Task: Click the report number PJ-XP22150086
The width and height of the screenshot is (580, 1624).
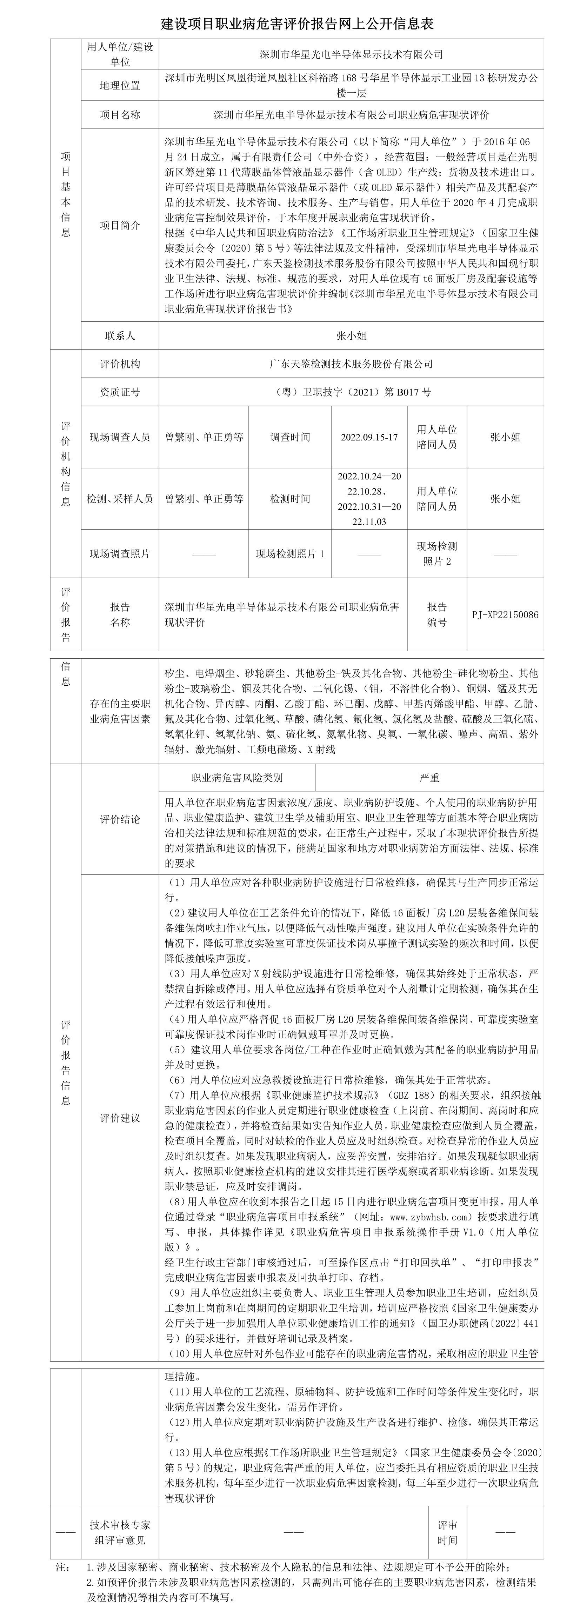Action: [x=505, y=615]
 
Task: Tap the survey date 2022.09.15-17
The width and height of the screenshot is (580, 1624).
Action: [x=369, y=437]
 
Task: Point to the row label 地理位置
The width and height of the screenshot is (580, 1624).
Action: [x=120, y=86]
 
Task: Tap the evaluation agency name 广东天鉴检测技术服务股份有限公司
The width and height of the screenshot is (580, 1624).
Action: [x=351, y=364]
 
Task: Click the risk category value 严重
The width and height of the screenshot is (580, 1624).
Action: [x=429, y=778]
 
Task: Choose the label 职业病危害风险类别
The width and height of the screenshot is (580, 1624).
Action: [x=236, y=778]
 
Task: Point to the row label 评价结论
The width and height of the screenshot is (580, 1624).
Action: [x=120, y=820]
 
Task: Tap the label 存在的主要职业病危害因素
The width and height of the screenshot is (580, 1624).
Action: [x=120, y=711]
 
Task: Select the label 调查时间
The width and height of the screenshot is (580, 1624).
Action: [x=290, y=437]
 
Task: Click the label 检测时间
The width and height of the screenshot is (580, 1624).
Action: [x=290, y=499]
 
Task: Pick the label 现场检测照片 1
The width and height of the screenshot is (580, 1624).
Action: [x=290, y=554]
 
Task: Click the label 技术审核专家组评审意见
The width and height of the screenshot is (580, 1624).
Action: [x=120, y=1532]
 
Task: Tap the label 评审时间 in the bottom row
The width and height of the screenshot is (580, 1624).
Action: [x=448, y=1532]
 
